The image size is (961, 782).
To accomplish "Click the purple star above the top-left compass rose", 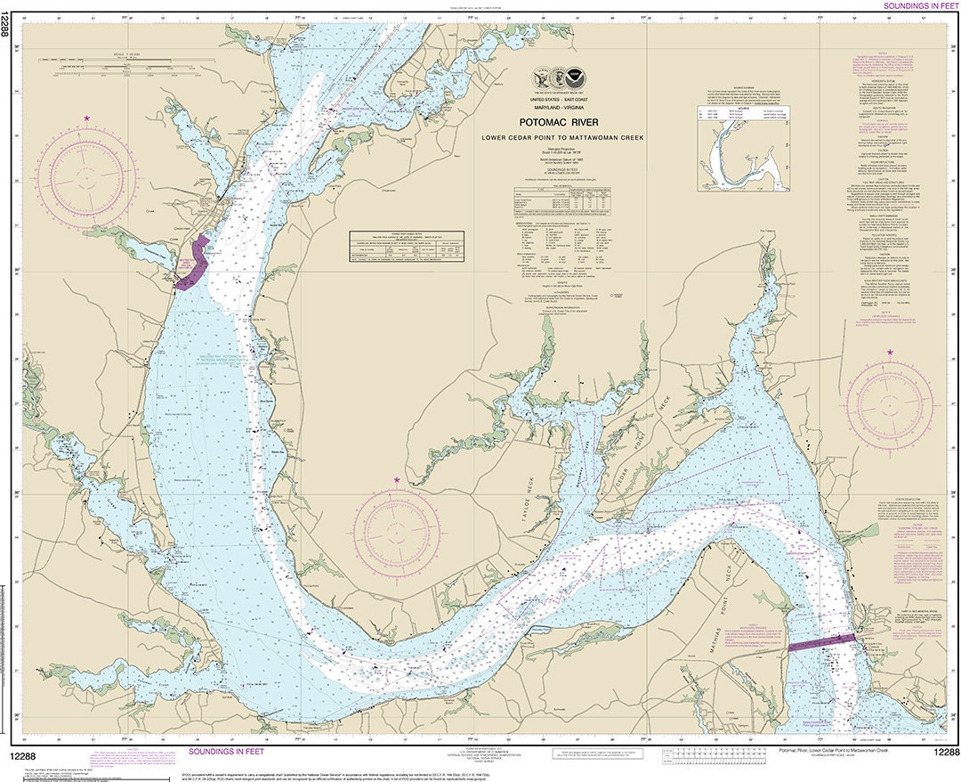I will click(x=86, y=118).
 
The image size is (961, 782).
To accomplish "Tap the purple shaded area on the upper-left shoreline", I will click(x=193, y=264).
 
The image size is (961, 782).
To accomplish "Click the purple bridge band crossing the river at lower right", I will click(x=821, y=642).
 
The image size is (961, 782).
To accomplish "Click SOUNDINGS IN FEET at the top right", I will click(x=920, y=5).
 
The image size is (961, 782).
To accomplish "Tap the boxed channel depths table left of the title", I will click(x=407, y=245).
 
